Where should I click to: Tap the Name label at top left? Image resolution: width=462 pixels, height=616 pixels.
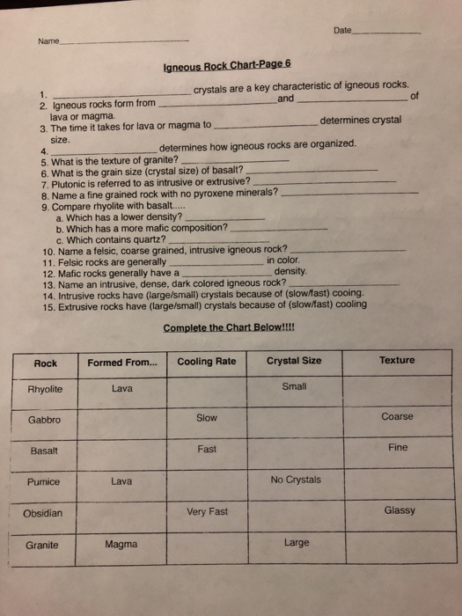point(48,40)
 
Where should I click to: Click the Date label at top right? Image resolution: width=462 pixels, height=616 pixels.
point(342,31)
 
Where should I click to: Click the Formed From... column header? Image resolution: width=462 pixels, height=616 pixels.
point(123,363)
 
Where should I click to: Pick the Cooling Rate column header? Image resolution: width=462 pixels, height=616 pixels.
point(207,362)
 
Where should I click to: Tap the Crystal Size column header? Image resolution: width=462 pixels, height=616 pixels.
point(294,361)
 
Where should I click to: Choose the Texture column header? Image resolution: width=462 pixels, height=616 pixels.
point(397,360)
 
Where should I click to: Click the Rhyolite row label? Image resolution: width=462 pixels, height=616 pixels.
point(45,390)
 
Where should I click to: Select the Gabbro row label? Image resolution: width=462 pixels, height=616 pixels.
point(44,420)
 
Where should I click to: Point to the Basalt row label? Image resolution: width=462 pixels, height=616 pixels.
point(44,451)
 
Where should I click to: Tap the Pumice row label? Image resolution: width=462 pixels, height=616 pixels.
point(43,481)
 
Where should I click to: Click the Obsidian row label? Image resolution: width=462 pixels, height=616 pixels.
point(43,513)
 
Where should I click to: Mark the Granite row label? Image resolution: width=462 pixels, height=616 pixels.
point(42,545)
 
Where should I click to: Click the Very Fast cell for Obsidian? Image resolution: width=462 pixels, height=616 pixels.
point(207,511)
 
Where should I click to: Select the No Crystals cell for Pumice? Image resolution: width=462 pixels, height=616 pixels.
point(296,480)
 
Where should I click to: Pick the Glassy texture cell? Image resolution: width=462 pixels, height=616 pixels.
point(400,510)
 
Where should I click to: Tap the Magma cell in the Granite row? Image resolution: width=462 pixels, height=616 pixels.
point(121,544)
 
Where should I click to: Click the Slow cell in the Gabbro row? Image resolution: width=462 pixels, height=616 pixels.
point(207,418)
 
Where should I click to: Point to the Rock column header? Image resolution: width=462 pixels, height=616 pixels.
point(46,363)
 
